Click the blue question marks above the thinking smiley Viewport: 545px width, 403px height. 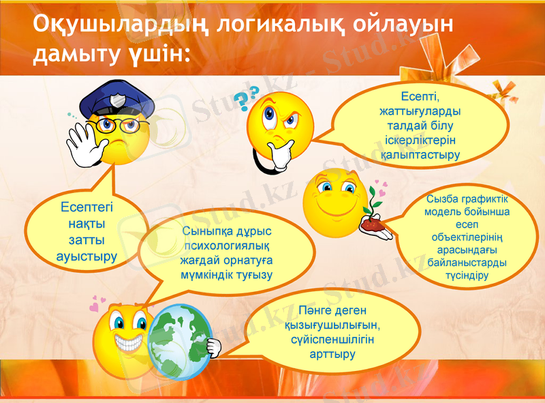tap(247, 98)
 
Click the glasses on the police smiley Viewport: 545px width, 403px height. tap(118, 125)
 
